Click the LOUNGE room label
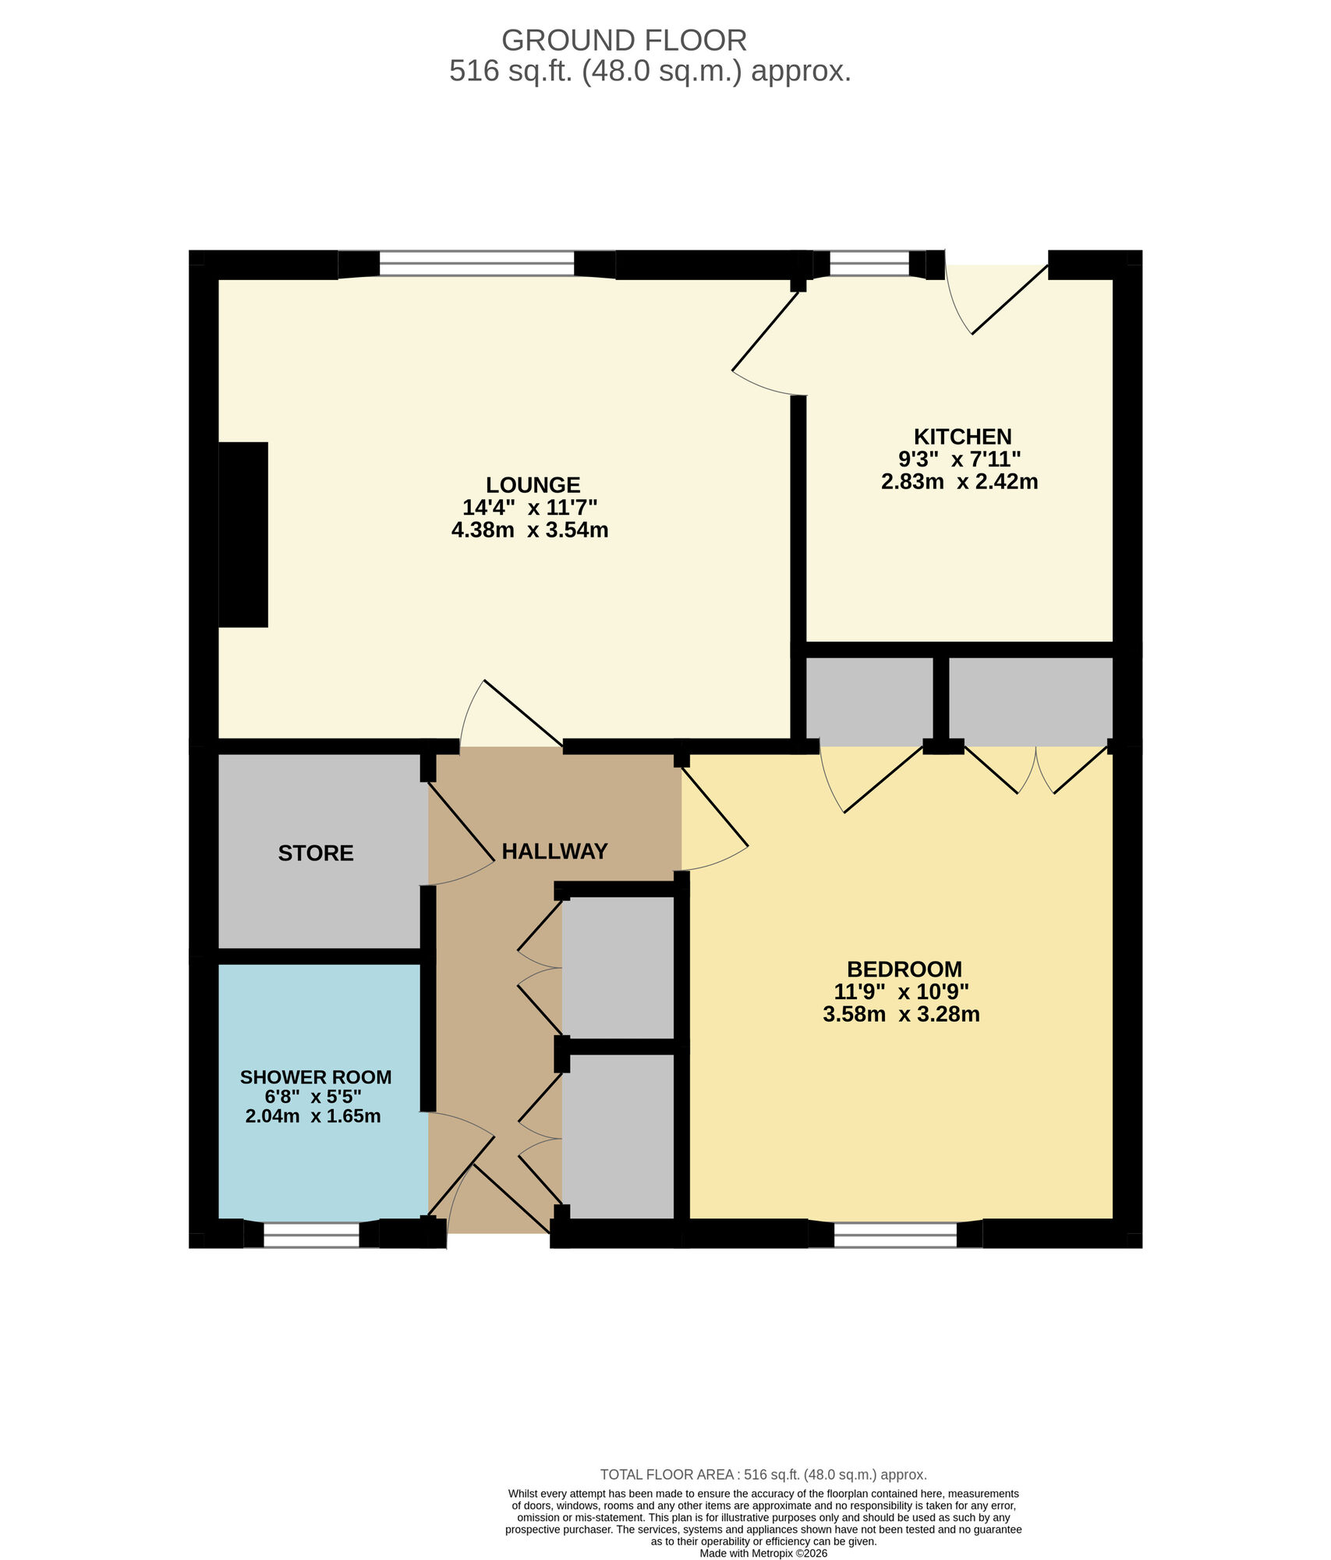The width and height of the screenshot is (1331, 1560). coord(533,485)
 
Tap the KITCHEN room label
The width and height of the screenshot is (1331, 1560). coord(962,437)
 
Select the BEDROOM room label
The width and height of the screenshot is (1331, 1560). coord(904,970)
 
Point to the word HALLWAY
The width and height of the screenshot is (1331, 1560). coord(554,852)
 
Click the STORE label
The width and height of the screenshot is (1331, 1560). coord(316,853)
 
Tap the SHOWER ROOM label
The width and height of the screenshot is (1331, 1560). coord(316,1077)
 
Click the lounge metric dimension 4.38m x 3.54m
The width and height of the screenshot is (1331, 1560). coord(530,530)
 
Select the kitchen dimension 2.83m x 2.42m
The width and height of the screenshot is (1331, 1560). coord(959,482)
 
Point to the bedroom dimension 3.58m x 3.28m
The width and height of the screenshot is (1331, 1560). coord(901,1015)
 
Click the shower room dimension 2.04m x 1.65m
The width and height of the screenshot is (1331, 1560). coord(313,1116)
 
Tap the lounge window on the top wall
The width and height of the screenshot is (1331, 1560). coord(476,264)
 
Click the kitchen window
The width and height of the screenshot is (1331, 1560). coord(869,264)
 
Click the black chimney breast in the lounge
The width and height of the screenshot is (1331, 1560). coord(243,534)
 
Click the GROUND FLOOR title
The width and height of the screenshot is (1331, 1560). coord(624,41)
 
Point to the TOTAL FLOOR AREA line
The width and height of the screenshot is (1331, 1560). coord(763,1475)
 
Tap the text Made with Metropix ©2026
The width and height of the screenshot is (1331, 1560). coord(763,1554)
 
